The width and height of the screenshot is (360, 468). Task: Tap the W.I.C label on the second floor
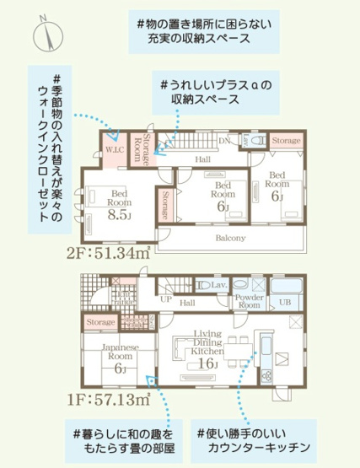pyautogui.click(x=115, y=149)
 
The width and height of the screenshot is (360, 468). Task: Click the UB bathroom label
pyautogui.click(x=285, y=303)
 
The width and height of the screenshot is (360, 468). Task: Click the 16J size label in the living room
pyautogui.click(x=207, y=364)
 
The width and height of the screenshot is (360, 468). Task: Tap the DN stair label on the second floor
pyautogui.click(x=224, y=140)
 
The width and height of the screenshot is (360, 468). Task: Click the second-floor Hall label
pyautogui.click(x=202, y=158)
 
